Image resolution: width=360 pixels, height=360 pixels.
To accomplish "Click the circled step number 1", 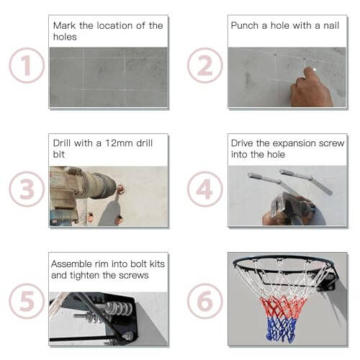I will pos(27,66).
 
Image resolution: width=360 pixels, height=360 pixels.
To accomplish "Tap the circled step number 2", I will pos(204,66).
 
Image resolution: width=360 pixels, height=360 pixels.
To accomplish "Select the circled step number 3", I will pos(27,189).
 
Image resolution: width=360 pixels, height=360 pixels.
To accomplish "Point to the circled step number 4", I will pos(204,189).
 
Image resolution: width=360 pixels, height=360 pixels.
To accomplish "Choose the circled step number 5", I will pos(27,302).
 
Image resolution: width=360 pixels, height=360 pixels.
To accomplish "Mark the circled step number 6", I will pos(204,302).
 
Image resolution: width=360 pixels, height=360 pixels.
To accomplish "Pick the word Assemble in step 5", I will pos(73,264).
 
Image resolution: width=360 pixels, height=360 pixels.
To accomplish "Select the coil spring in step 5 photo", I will pos(115,310).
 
